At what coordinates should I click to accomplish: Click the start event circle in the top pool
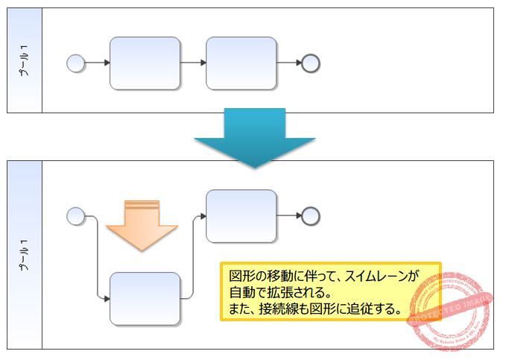[x=75, y=63]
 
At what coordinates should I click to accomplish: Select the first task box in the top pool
[x=145, y=63]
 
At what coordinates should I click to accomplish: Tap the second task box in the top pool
[x=241, y=63]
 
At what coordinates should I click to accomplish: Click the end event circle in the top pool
[x=311, y=63]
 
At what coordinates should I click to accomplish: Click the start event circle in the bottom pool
[x=75, y=216]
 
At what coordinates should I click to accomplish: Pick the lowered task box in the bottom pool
[x=145, y=299]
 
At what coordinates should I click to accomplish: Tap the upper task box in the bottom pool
[x=241, y=216]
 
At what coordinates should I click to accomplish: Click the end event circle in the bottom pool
[x=311, y=216]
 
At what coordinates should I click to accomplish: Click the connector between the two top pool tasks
[x=193, y=63]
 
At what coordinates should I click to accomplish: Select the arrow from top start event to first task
[x=97, y=63]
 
